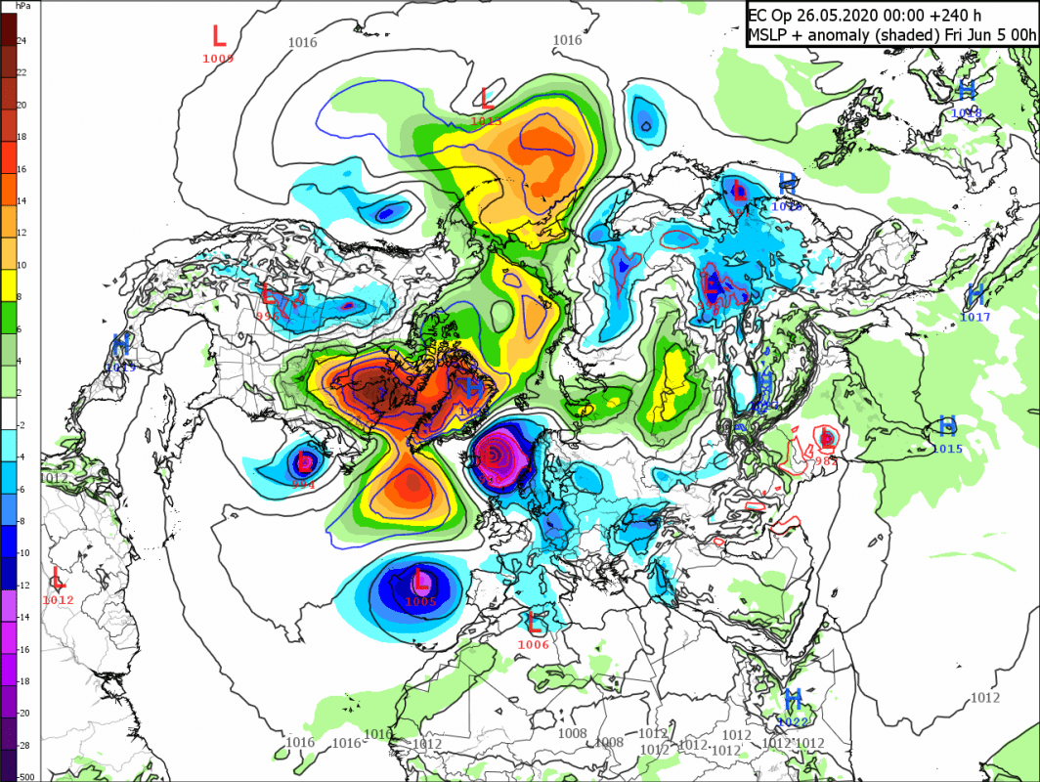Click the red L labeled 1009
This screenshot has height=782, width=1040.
click(219, 37)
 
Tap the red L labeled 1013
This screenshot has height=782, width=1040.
click(487, 98)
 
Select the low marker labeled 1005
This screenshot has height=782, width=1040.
click(421, 580)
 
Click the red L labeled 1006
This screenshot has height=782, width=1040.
click(535, 622)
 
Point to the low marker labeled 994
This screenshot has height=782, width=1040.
click(304, 461)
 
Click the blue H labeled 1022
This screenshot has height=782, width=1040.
click(793, 699)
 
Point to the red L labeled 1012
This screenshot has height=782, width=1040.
click(58, 577)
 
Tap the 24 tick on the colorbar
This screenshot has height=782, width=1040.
click(22, 41)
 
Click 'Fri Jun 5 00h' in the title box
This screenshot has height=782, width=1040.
click(987, 36)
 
